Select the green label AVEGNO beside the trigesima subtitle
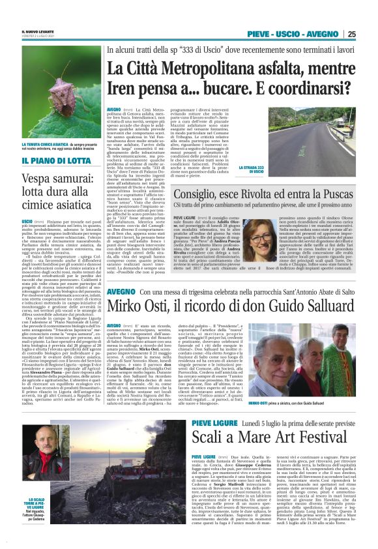pos(121,292)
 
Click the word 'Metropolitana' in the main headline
pos(209,67)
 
